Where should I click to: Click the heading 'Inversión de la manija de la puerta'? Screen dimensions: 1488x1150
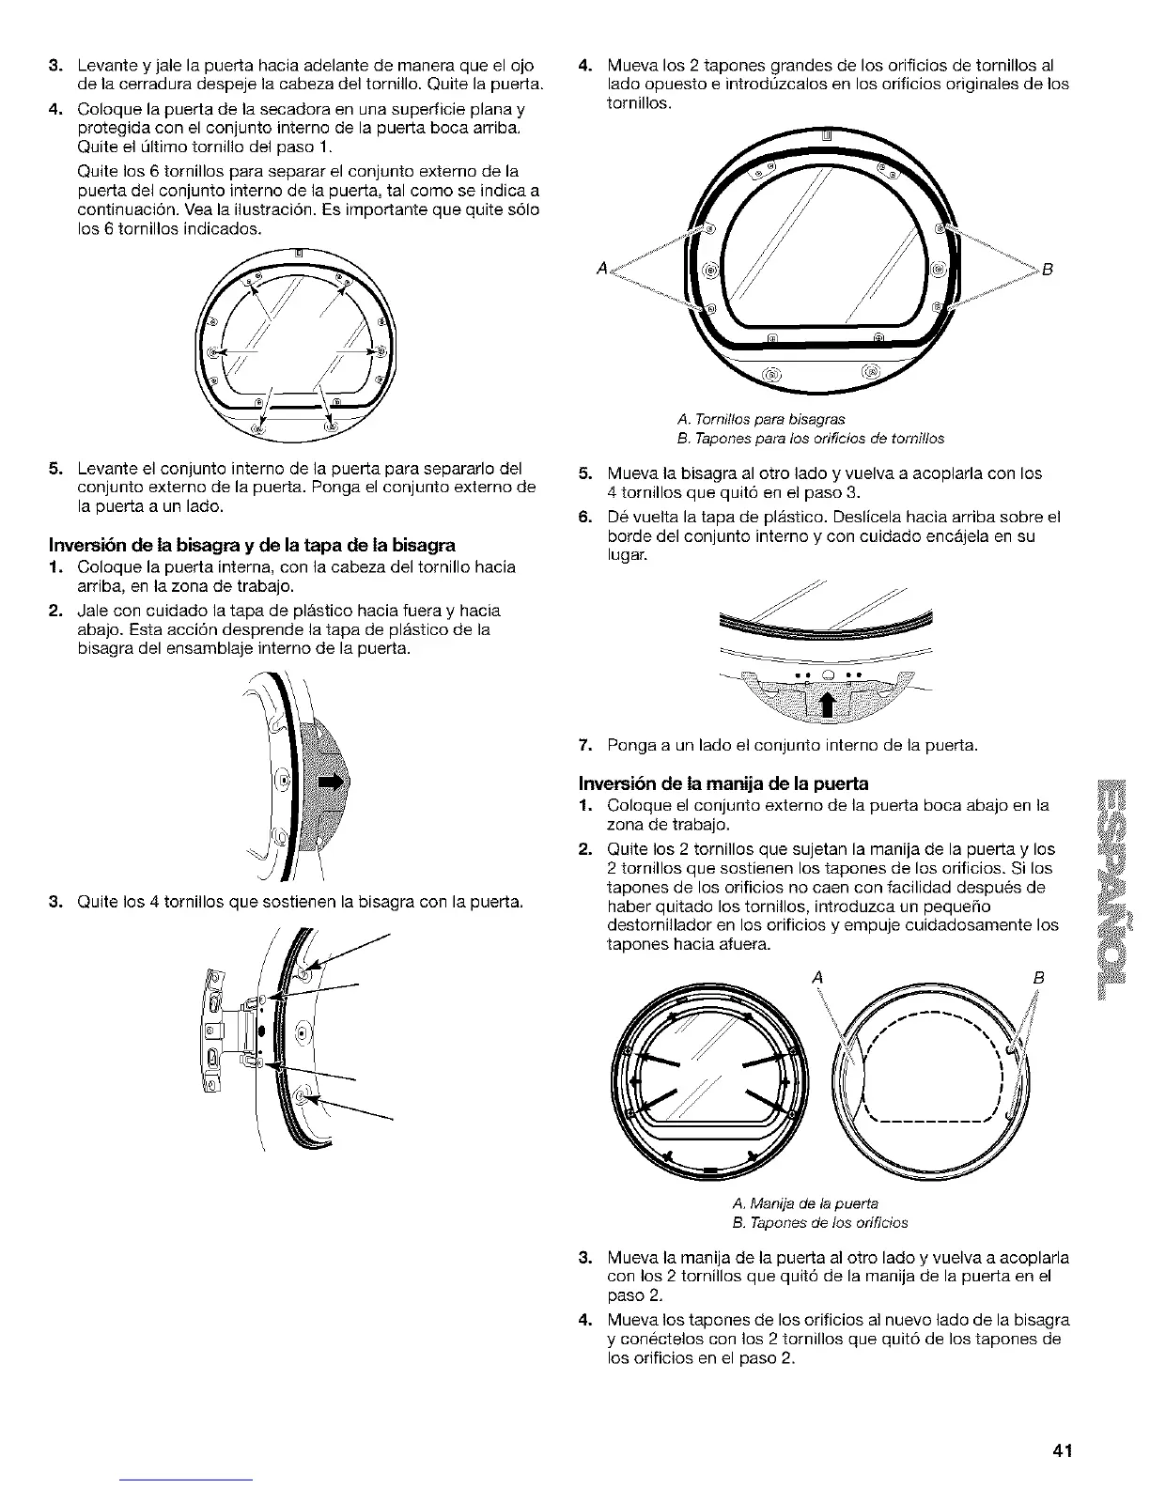pos(723,783)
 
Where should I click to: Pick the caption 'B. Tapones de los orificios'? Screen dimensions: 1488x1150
pos(819,1222)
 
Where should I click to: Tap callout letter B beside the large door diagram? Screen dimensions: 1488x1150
pos(1048,270)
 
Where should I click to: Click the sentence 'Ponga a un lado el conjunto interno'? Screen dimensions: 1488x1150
pos(792,746)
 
